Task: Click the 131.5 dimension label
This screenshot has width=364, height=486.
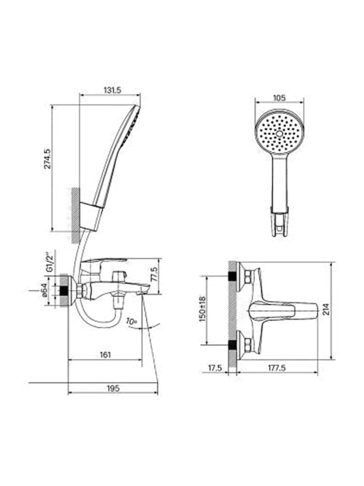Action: (112, 90)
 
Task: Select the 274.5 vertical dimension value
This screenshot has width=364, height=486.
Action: (48, 158)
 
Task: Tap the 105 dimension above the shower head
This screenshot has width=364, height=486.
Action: (280, 98)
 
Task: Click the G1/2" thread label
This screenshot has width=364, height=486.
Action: (49, 261)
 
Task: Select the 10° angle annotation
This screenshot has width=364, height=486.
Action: (131, 321)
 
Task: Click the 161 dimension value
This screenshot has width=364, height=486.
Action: (105, 355)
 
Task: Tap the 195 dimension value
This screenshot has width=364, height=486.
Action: (113, 388)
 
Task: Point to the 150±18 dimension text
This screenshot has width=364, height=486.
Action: (202, 309)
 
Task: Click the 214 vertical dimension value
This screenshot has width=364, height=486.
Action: (327, 309)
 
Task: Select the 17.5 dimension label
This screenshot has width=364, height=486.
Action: (215, 368)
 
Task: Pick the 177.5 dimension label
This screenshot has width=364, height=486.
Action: (277, 368)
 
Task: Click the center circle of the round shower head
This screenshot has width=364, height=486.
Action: (280, 134)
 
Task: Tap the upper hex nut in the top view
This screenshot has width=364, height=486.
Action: (248, 277)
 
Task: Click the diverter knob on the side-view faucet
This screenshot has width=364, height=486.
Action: (119, 276)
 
